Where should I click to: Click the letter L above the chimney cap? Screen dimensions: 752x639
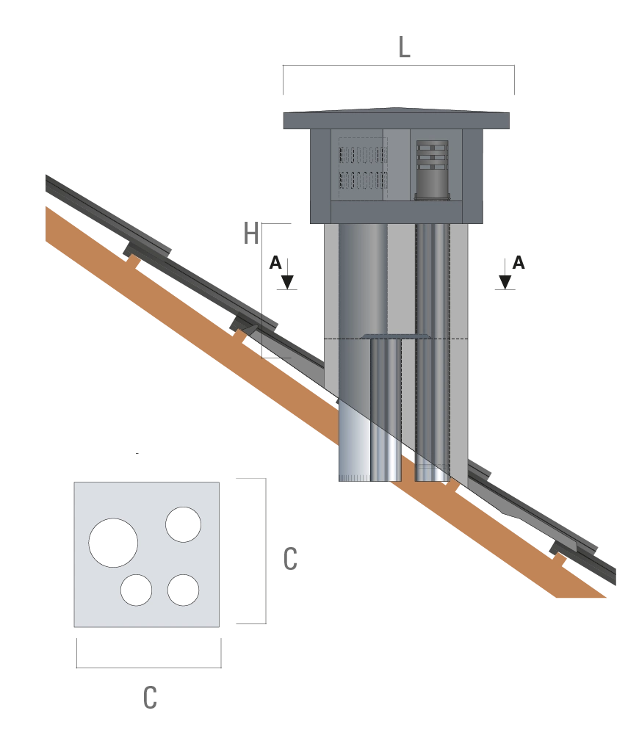pyautogui.click(x=404, y=48)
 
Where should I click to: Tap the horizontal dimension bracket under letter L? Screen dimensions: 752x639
pyautogui.click(x=400, y=68)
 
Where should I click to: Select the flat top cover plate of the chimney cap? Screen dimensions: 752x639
pyautogui.click(x=397, y=119)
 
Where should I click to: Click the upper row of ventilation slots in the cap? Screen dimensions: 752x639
pyautogui.click(x=364, y=155)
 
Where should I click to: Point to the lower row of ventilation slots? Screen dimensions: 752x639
pyautogui.click(x=364, y=179)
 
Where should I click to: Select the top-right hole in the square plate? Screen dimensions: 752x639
pyautogui.click(x=183, y=524)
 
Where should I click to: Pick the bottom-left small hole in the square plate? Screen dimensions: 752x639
pyautogui.click(x=137, y=590)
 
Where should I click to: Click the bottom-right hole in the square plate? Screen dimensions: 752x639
pyautogui.click(x=184, y=590)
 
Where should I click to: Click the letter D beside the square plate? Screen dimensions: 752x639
pyautogui.click(x=291, y=559)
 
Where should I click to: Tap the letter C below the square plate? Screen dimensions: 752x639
pyautogui.click(x=149, y=697)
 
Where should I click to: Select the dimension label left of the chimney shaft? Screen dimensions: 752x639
pyautogui.click(x=282, y=273)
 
